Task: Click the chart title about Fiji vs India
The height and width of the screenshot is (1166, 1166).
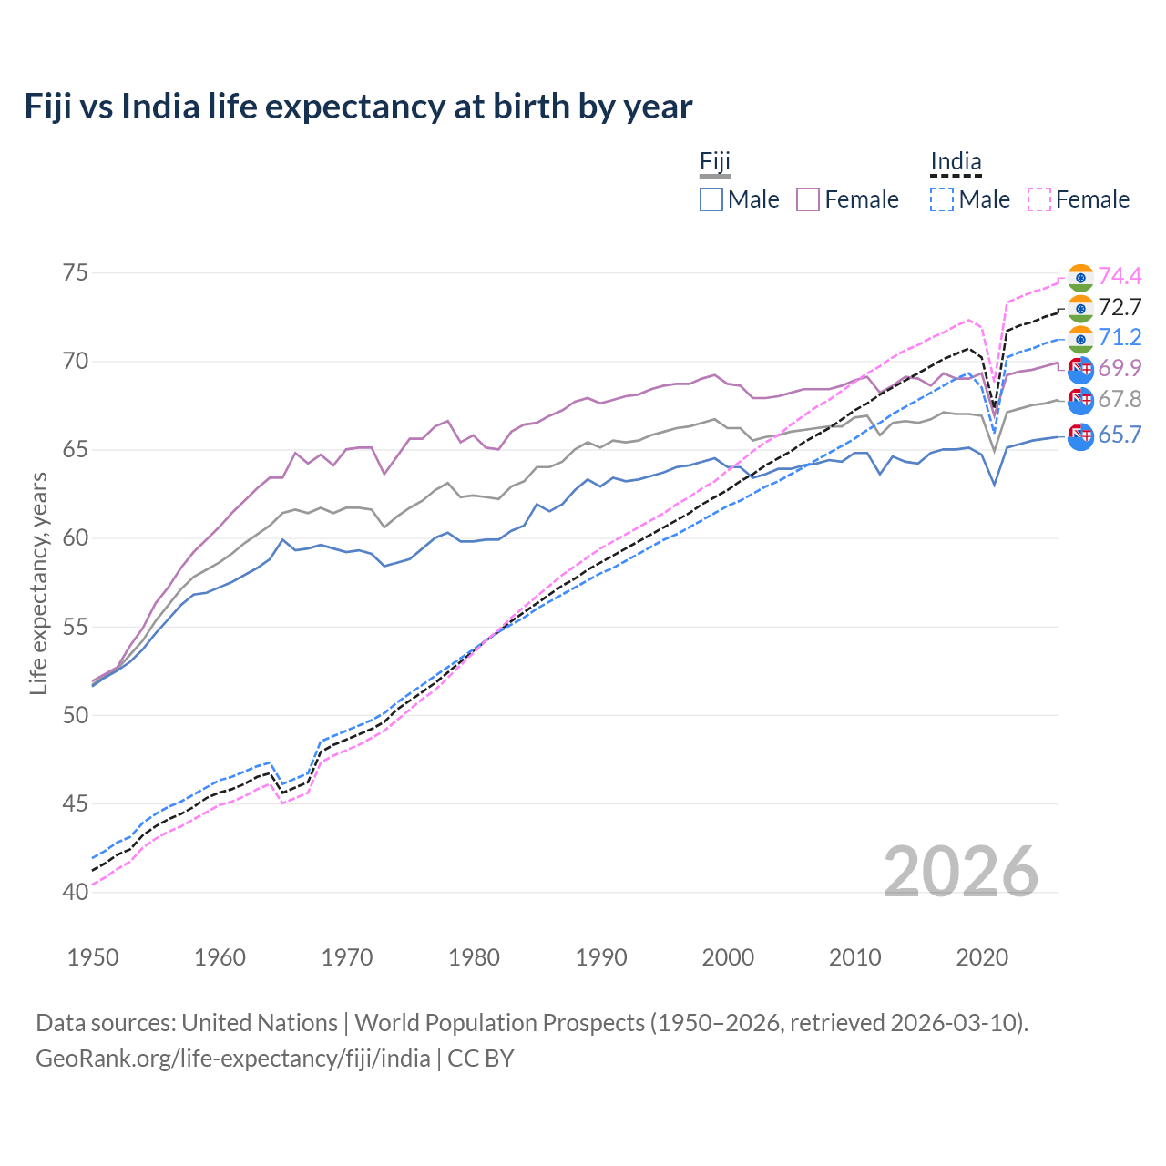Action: [x=358, y=107]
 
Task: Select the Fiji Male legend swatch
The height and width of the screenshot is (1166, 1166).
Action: [x=711, y=199]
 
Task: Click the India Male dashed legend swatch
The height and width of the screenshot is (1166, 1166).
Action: [x=942, y=199]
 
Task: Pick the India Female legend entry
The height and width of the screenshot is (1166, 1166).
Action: [x=1079, y=199]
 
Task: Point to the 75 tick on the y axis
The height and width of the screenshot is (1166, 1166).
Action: [x=77, y=273]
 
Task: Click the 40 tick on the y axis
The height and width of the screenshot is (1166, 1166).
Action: [x=77, y=892]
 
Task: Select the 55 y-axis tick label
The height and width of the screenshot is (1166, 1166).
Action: [x=77, y=627]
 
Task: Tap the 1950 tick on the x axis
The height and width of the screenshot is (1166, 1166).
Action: [x=93, y=957]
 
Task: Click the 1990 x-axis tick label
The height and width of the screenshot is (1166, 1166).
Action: [x=601, y=957]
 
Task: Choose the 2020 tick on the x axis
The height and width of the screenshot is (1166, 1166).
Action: [x=982, y=957]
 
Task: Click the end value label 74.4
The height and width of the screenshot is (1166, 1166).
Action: [x=1120, y=277]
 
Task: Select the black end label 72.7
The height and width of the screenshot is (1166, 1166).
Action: [x=1120, y=308]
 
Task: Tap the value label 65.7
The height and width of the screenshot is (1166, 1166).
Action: [x=1120, y=435]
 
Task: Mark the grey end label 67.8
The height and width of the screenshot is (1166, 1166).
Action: [x=1120, y=400]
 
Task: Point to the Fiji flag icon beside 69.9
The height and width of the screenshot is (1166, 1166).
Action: [x=1080, y=369]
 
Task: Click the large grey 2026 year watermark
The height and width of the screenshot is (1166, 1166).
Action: [x=961, y=872]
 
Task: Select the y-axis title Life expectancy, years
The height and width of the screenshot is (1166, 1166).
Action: [x=39, y=583]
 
